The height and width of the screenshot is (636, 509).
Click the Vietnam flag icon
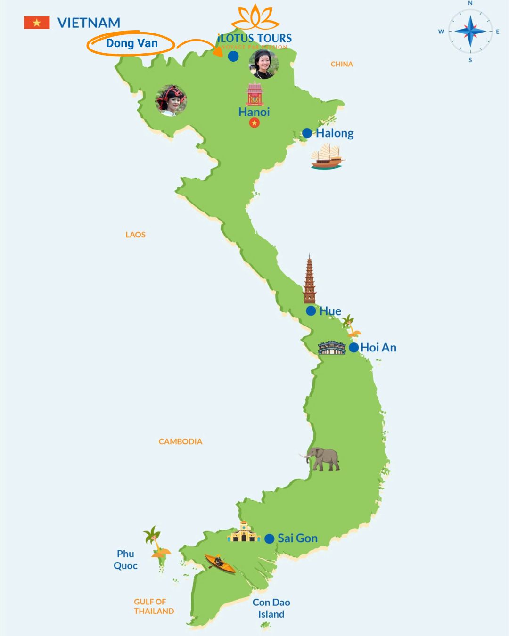(37, 23)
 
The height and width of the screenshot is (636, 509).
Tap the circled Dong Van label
(131, 43)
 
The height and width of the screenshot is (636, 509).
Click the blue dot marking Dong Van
(233, 56)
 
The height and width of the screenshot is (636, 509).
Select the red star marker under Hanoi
(254, 123)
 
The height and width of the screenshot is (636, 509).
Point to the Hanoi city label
(254, 112)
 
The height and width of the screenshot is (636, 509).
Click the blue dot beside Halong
(307, 133)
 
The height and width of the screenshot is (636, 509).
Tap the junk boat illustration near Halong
(328, 157)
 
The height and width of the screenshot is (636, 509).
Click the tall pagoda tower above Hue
(310, 280)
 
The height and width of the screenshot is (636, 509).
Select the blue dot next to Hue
(311, 311)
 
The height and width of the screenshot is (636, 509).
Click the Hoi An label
(378, 348)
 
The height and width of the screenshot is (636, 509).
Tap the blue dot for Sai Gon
(270, 538)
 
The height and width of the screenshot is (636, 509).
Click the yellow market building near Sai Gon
(244, 533)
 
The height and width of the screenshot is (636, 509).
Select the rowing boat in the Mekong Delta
(220, 563)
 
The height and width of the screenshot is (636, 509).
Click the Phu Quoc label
(125, 560)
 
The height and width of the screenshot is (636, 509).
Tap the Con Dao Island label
(271, 608)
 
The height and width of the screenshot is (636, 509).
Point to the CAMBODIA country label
(180, 441)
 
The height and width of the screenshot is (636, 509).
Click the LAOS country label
(135, 235)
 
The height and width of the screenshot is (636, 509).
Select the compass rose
(470, 32)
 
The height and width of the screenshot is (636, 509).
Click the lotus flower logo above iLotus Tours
(255, 17)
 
